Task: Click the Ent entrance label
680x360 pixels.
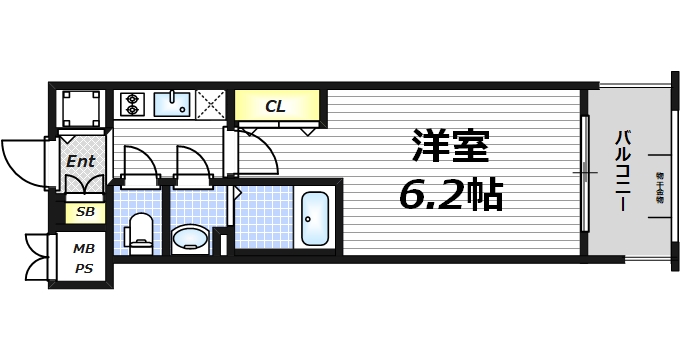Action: click(x=81, y=161)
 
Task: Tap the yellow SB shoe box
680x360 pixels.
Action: click(x=85, y=212)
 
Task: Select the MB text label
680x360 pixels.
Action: click(x=85, y=249)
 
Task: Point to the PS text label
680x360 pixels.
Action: click(x=85, y=268)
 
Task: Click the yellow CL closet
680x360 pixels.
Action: click(x=277, y=104)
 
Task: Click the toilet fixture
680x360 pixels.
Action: click(x=140, y=232)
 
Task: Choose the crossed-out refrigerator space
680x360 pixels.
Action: click(x=211, y=103)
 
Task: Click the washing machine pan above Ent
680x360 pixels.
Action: click(x=80, y=107)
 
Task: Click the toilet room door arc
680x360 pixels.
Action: click(x=140, y=163)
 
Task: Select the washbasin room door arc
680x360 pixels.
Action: click(x=191, y=163)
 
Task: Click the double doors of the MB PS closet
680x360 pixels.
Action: click(x=36, y=258)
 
